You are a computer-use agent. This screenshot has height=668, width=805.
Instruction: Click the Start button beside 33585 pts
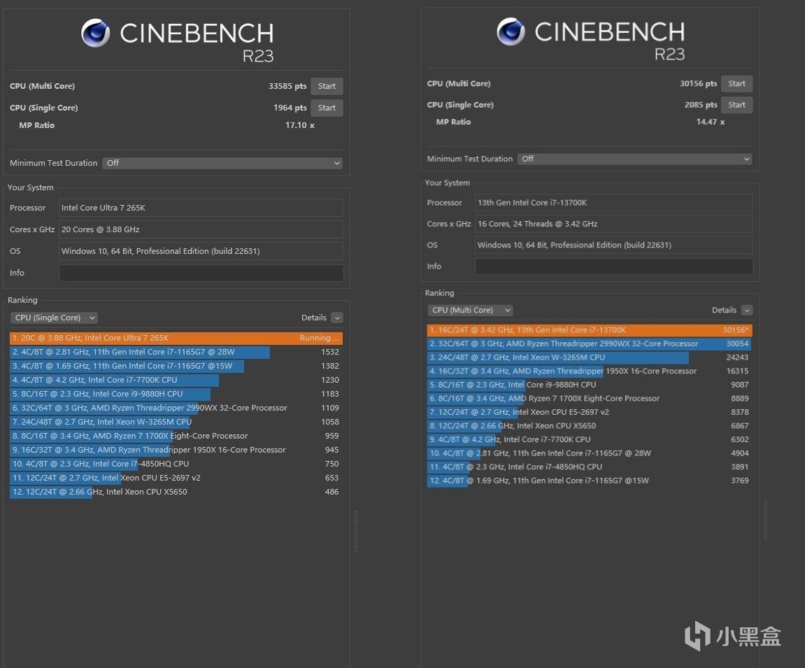tap(327, 87)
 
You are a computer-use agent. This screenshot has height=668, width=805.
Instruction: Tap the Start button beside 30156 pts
tap(736, 84)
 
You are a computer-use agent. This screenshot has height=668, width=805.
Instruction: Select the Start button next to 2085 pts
tap(736, 105)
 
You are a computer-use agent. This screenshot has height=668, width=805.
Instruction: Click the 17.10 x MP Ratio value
tap(299, 125)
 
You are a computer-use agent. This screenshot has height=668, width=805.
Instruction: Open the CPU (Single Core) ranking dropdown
tap(54, 318)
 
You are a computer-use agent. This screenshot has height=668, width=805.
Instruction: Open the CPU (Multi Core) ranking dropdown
tap(470, 310)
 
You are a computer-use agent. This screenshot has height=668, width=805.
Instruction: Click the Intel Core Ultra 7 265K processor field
tap(201, 208)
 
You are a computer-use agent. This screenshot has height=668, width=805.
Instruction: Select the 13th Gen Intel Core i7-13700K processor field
tap(613, 203)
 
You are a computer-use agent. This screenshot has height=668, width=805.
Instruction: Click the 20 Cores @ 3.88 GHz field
tap(201, 229)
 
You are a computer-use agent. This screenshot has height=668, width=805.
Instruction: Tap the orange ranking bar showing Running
tap(176, 338)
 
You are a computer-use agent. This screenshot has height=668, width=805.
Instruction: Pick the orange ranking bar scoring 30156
tap(590, 330)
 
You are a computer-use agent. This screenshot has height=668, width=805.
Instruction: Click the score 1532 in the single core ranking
tap(329, 352)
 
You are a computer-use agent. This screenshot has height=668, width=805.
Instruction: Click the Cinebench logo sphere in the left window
tap(95, 33)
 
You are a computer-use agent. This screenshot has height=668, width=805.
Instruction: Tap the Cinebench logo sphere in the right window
tap(511, 31)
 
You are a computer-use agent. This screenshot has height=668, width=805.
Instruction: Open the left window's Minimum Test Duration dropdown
tap(222, 163)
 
